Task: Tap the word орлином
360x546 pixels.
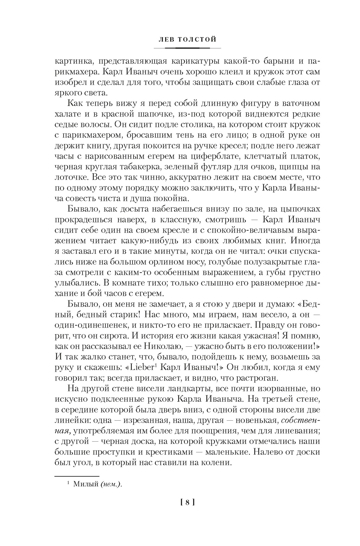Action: (177, 262)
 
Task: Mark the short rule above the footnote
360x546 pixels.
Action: (76, 476)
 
